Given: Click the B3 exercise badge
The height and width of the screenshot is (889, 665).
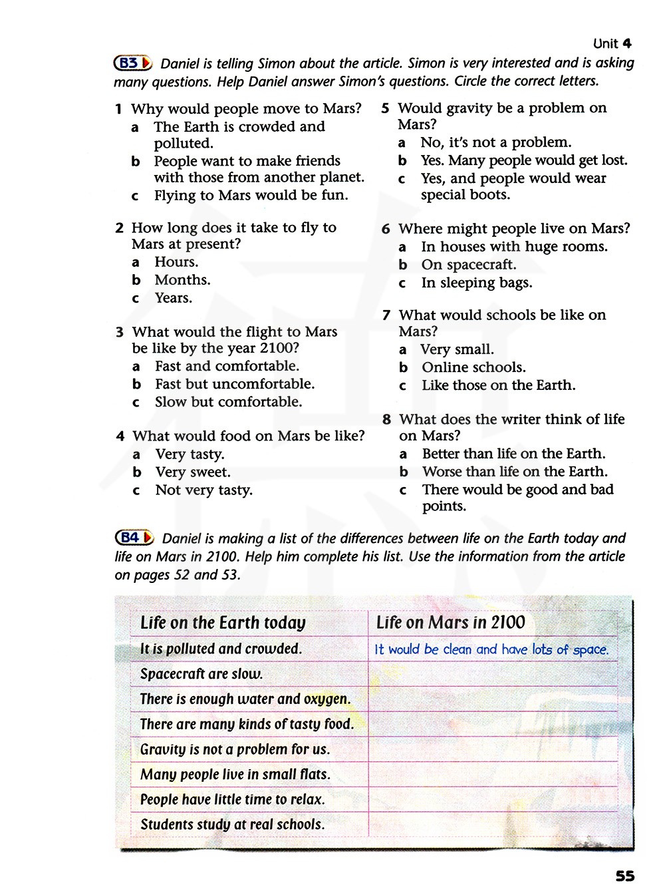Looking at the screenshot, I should (x=133, y=63).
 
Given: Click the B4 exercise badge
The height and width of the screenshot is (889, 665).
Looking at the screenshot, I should (x=134, y=538).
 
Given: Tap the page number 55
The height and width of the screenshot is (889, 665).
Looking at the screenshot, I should (x=624, y=876).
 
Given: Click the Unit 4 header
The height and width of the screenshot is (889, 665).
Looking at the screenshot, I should (x=612, y=44).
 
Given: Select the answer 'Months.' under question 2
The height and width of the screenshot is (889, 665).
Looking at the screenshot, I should (x=182, y=280).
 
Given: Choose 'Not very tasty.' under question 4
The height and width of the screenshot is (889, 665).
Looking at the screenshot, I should (x=203, y=490).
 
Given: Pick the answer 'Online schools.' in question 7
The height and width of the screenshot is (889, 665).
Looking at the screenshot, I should (x=473, y=367).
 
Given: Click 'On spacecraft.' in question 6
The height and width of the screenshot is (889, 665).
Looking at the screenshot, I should (x=468, y=265).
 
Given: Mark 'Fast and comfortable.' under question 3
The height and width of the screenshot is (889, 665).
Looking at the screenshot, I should (x=227, y=366).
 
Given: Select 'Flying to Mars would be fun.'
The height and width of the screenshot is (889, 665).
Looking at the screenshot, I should (x=251, y=196).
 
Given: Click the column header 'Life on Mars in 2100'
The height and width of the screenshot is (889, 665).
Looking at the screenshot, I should (x=450, y=623).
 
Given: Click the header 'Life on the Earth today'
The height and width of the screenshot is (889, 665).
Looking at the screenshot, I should (x=223, y=623).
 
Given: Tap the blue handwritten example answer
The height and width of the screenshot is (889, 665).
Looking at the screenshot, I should (x=491, y=649).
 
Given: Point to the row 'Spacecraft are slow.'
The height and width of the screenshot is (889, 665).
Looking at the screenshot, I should (x=201, y=674).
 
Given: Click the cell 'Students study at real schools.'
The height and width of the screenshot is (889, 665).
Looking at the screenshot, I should (x=232, y=824).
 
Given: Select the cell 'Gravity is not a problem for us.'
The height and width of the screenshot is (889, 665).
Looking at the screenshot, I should (x=235, y=749).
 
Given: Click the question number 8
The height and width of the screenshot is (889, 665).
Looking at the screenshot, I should (x=387, y=420).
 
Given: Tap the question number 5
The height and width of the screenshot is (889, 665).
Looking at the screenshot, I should (x=386, y=108).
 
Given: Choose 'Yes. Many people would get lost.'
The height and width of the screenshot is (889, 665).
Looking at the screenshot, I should (x=523, y=160).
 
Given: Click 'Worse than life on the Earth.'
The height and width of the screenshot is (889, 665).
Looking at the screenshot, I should (x=514, y=472).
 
